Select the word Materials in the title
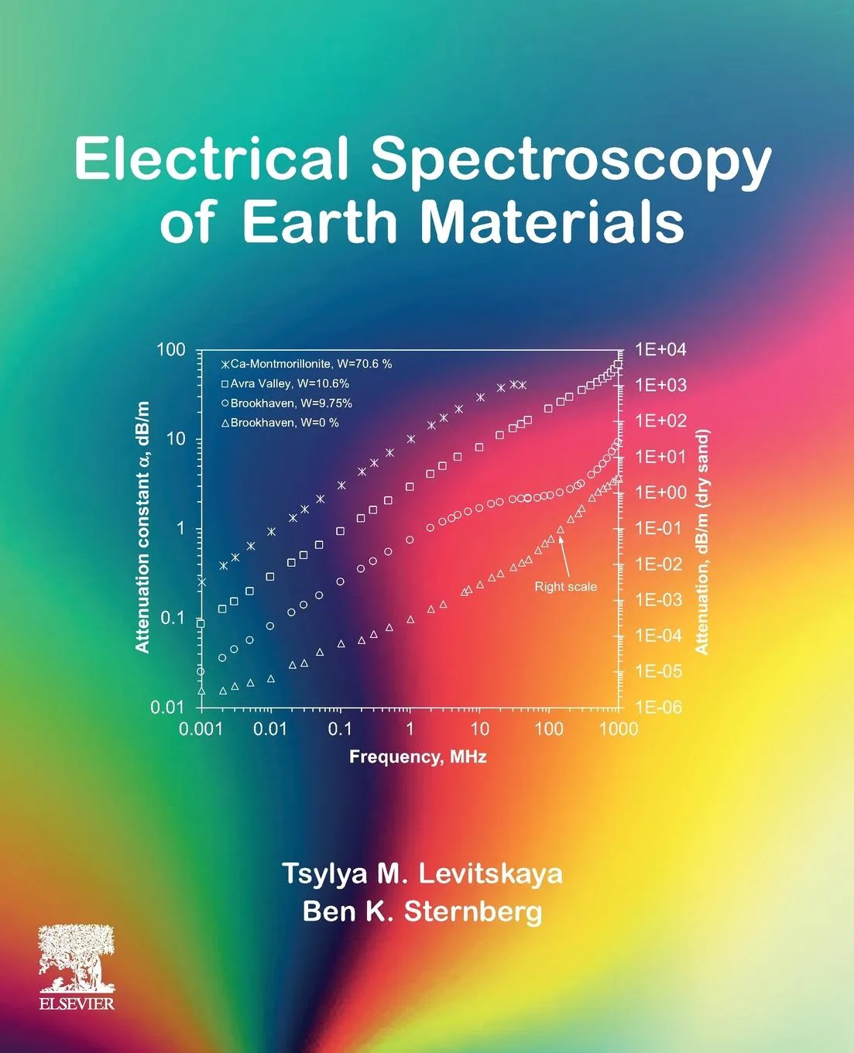pyautogui.click(x=552, y=222)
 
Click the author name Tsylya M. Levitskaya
pyautogui.click(x=422, y=873)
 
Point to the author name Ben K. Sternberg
pyautogui.click(x=422, y=911)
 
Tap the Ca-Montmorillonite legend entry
pyautogui.click(x=307, y=364)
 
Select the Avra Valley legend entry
pyautogui.click(x=285, y=383)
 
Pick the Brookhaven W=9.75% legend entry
pyautogui.click(x=286, y=403)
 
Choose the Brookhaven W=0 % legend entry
pyautogui.click(x=280, y=423)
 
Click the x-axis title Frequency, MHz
pyautogui.click(x=418, y=756)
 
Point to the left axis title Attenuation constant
pyautogui.click(x=142, y=526)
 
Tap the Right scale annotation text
pyautogui.click(x=565, y=587)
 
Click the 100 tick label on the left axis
pyautogui.click(x=171, y=349)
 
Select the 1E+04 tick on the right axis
pyautogui.click(x=660, y=349)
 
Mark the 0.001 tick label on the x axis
pyautogui.click(x=201, y=729)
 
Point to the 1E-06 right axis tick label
pyautogui.click(x=659, y=707)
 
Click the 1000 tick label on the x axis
pyautogui.click(x=618, y=729)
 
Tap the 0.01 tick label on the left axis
pyautogui.click(x=167, y=707)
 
